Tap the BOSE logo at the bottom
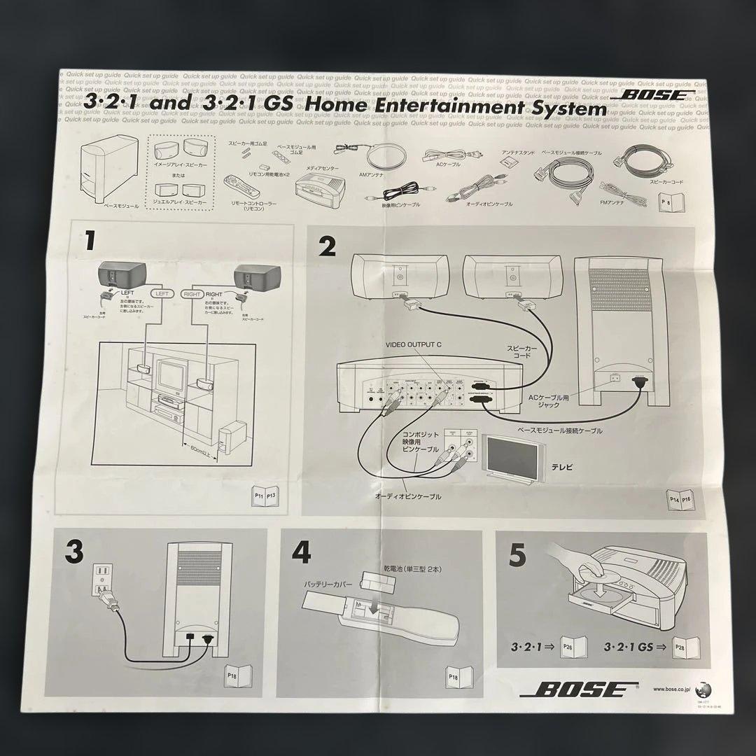pos(573,689)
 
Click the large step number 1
pos(89,241)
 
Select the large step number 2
pos(327,246)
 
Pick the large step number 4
pos(300,552)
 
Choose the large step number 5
pos(517,556)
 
